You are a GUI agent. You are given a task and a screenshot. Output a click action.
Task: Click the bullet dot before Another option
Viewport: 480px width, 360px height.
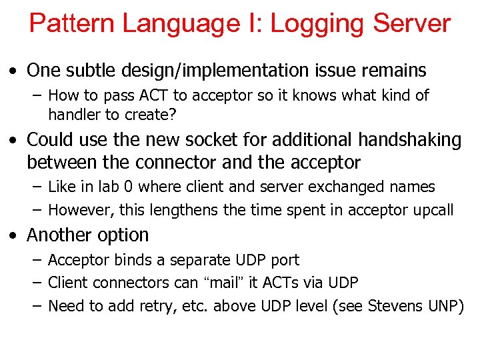13,236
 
